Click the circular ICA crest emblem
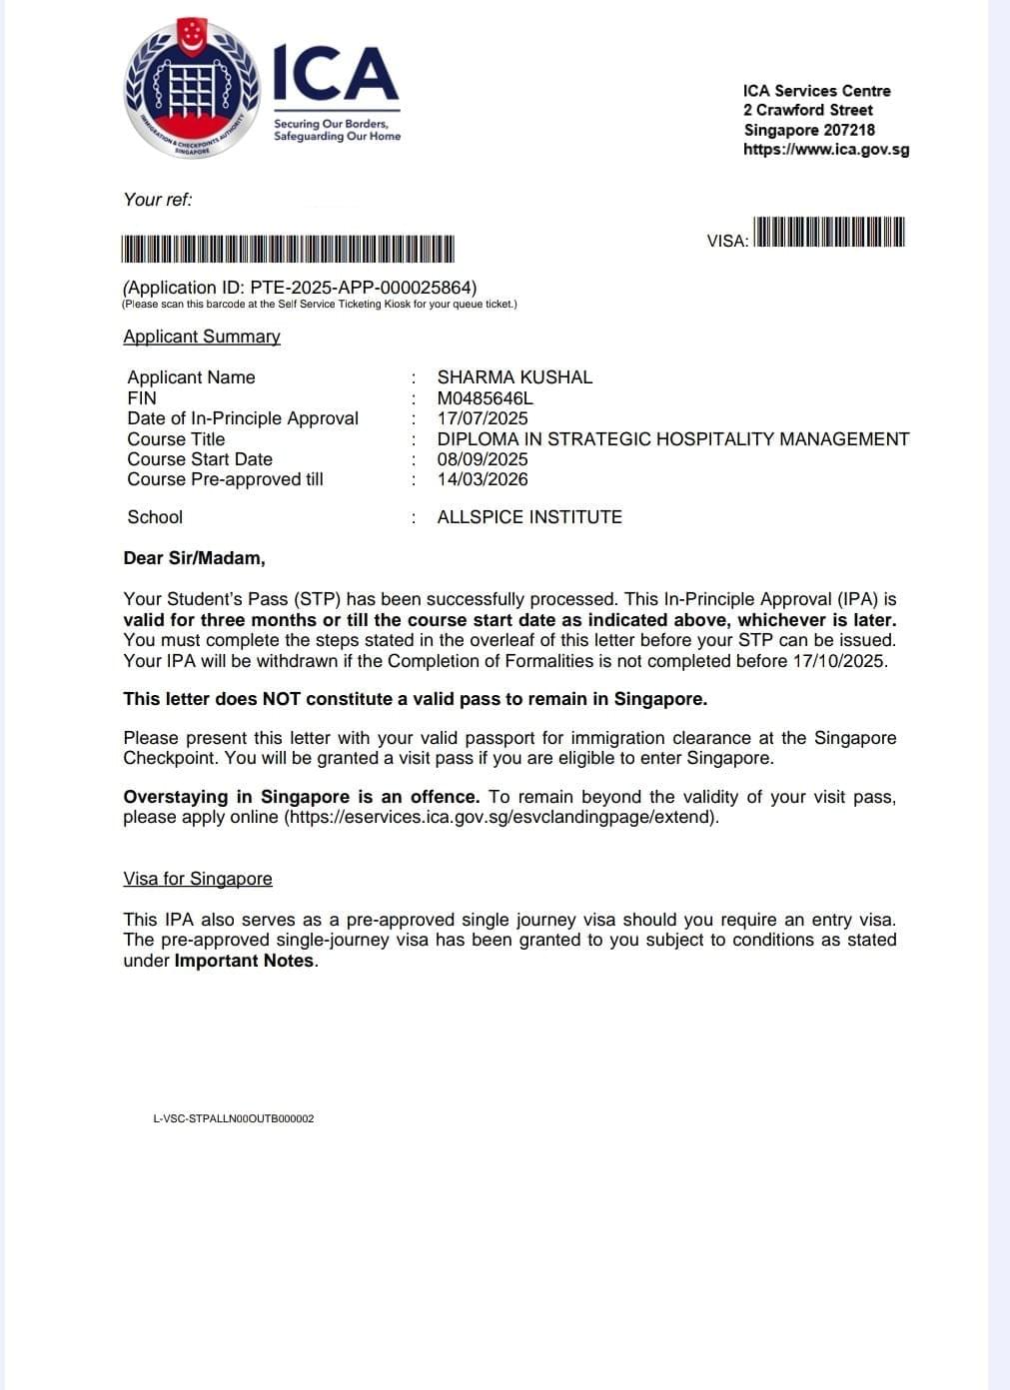(191, 89)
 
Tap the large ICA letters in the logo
(336, 74)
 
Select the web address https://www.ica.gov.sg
(825, 150)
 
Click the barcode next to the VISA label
(828, 232)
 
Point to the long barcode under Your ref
(288, 249)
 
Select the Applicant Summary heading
(202, 337)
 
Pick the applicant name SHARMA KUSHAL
(514, 377)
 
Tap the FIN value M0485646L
(485, 398)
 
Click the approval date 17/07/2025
(483, 418)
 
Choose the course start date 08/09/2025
(483, 459)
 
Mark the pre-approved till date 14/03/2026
(483, 479)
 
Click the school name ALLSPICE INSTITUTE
(529, 517)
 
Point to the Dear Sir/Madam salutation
(194, 558)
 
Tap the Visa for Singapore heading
(198, 879)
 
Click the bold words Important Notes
(245, 962)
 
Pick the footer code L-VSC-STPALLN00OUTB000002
(234, 1118)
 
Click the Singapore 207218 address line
(808, 130)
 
